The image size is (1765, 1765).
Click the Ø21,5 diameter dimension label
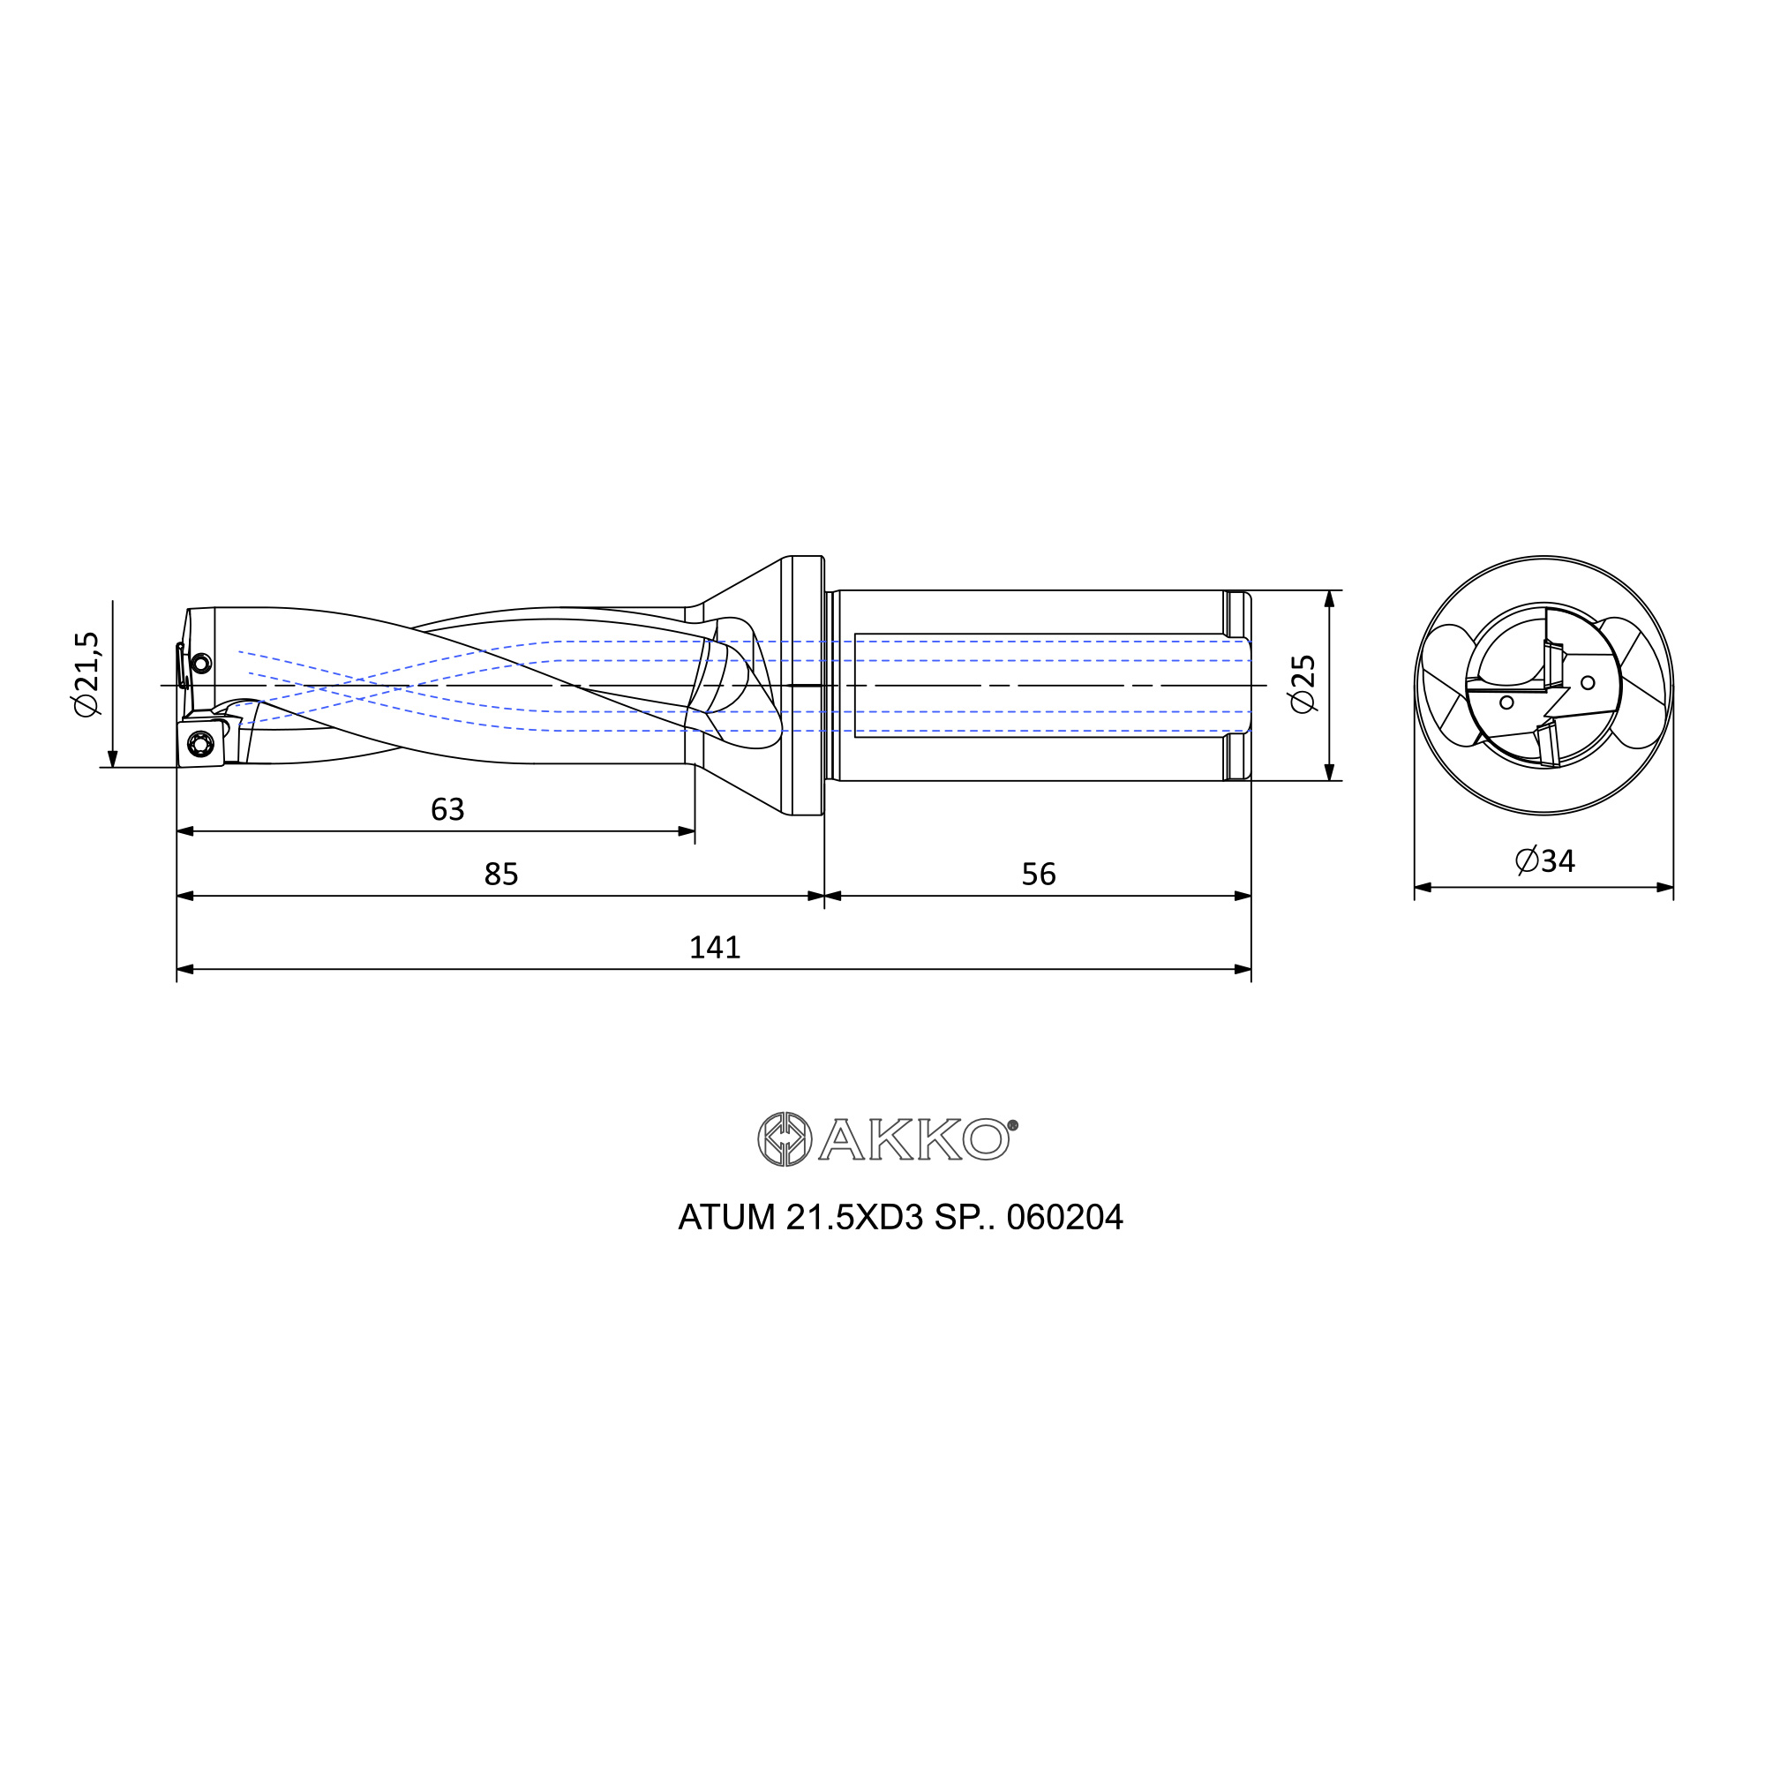pos(87,674)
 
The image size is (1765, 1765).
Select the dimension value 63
pos(447,809)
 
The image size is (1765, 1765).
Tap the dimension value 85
pos(501,875)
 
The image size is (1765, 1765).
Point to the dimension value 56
pos(1039,875)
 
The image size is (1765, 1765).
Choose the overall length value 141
pos(715,947)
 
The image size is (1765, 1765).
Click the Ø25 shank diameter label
pos(1302,684)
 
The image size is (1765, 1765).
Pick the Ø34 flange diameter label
pos(1545,860)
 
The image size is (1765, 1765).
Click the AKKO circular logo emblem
pos(785,1139)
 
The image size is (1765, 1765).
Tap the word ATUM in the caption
pos(727,1218)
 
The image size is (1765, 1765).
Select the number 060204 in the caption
pos(1064,1218)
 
